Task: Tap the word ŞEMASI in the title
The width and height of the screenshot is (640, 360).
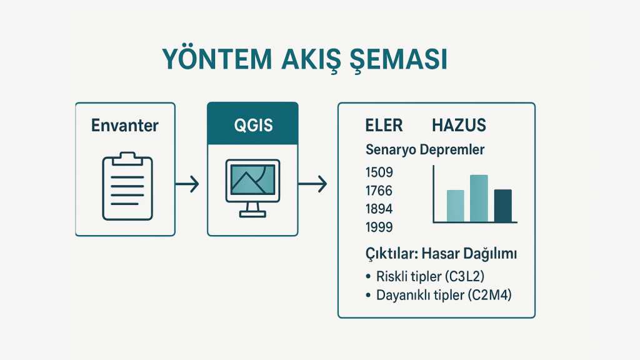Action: point(398,60)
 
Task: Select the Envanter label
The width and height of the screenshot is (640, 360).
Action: point(125,125)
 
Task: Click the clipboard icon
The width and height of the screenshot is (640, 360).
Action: point(127,186)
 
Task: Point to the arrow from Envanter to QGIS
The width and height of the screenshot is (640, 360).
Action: point(187,184)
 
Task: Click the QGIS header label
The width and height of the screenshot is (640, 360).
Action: point(253,125)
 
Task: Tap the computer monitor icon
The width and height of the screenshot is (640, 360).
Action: point(252,187)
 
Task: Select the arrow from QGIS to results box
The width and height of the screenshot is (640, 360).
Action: point(312,184)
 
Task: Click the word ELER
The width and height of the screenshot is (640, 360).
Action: point(384,125)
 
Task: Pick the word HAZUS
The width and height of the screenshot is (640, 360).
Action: point(459,125)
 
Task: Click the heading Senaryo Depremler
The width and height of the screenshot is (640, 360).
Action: point(425,150)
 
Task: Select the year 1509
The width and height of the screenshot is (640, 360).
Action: point(379,172)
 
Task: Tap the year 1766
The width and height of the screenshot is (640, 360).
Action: point(379,191)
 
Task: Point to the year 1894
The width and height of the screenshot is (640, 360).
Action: point(379,209)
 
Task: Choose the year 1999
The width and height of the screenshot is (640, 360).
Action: point(379,227)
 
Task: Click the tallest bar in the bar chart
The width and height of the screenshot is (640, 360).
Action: point(479,198)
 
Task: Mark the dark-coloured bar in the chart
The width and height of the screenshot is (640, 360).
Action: point(503,206)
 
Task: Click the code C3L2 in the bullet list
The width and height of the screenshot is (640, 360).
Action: point(464,276)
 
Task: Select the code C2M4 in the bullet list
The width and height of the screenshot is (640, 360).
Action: point(490,295)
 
